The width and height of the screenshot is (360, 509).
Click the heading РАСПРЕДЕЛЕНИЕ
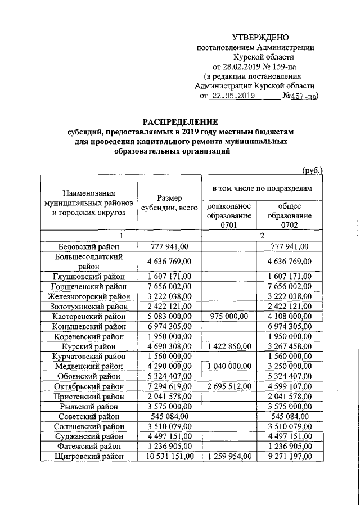pyautogui.click(x=180, y=121)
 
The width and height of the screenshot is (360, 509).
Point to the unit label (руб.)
pyautogui.click(x=312, y=170)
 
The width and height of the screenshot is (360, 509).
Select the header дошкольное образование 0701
pyautogui.click(x=228, y=216)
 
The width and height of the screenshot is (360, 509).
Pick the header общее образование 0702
pyautogui.click(x=290, y=216)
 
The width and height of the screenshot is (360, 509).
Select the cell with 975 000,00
pyautogui.click(x=228, y=316)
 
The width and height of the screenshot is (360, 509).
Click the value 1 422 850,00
pyautogui.click(x=228, y=346)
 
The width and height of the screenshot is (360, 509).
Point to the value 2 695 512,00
pyautogui.click(x=228, y=386)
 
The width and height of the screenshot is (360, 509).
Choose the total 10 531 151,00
pyautogui.click(x=169, y=457)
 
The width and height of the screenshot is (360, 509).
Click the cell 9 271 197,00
pyautogui.click(x=290, y=457)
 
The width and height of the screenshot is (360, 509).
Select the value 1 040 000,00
pyautogui.click(x=228, y=366)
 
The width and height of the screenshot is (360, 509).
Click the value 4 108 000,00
pyautogui.click(x=290, y=316)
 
